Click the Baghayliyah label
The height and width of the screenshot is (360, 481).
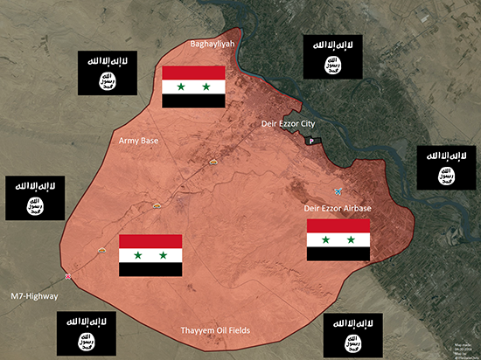click(213, 43)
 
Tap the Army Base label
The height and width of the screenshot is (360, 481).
click(138, 140)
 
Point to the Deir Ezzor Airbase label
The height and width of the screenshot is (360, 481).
click(338, 208)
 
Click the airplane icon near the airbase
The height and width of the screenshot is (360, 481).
click(338, 190)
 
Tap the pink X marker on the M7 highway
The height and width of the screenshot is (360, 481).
click(68, 277)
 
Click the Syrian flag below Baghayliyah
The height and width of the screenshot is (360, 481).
click(194, 87)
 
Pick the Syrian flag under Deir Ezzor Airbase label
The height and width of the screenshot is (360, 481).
click(338, 239)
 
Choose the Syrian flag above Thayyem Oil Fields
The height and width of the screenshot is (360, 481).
click(150, 255)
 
